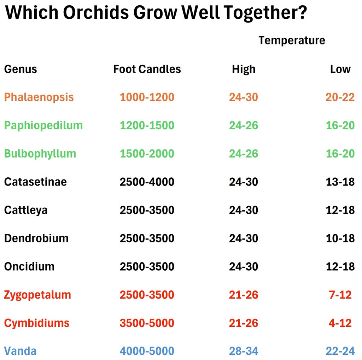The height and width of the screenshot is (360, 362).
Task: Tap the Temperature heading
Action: pos(292,40)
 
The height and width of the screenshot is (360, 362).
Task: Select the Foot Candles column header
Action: pos(147,69)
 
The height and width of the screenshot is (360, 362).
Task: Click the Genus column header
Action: pos(21,69)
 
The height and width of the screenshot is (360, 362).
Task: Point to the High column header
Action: pos(244,69)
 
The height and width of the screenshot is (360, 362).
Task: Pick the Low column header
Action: pos(340,69)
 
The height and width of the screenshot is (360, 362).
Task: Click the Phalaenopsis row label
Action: pos(39,97)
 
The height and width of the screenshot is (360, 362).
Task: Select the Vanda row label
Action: pos(20,351)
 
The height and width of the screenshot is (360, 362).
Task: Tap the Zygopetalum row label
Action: pos(37,295)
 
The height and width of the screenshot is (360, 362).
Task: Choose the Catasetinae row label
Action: pos(36,182)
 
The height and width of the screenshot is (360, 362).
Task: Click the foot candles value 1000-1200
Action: pos(147,97)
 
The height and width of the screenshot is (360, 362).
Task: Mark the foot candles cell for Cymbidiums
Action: pos(147,323)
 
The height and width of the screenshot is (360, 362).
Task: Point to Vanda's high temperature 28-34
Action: pos(244,351)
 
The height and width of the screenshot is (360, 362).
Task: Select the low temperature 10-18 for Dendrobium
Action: pos(340,238)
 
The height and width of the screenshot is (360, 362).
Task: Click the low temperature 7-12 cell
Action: pos(340,295)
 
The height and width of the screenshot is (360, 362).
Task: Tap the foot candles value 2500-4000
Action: pos(147,182)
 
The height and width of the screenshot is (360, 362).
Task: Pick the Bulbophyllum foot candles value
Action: pos(147,154)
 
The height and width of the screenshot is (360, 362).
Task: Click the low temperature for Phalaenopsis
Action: pos(340,97)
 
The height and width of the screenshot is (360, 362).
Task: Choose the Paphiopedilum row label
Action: pos(43,125)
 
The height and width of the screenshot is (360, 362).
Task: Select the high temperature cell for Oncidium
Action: pos(244,266)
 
